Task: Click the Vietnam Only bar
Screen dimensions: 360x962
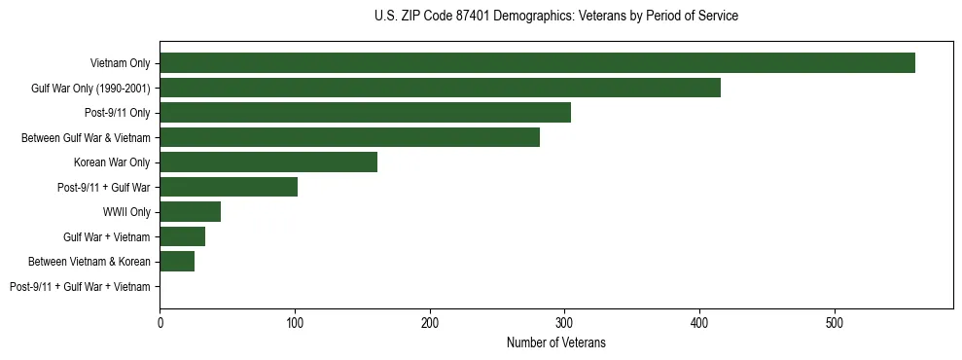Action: [x=537, y=63]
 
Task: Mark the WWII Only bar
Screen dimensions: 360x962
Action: [x=190, y=212]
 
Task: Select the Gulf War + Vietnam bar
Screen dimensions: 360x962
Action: [x=182, y=236]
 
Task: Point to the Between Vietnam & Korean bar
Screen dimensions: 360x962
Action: [x=177, y=262]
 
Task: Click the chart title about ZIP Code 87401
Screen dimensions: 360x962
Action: [x=555, y=17]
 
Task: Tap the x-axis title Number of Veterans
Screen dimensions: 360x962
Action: [x=555, y=342]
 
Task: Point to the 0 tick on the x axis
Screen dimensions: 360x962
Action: [x=160, y=321]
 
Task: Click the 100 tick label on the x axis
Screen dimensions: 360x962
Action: [x=295, y=321]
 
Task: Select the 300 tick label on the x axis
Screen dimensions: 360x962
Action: [x=564, y=321]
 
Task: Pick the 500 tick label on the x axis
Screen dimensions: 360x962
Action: [x=834, y=321]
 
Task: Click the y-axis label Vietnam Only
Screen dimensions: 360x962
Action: [x=120, y=63]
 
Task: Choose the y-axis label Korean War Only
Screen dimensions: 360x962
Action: [x=112, y=162]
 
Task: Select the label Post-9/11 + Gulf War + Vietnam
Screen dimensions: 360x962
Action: [x=80, y=287]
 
